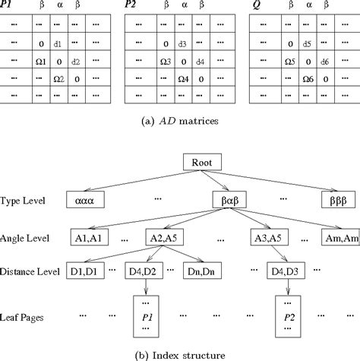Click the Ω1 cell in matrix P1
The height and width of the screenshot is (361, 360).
[42, 62]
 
